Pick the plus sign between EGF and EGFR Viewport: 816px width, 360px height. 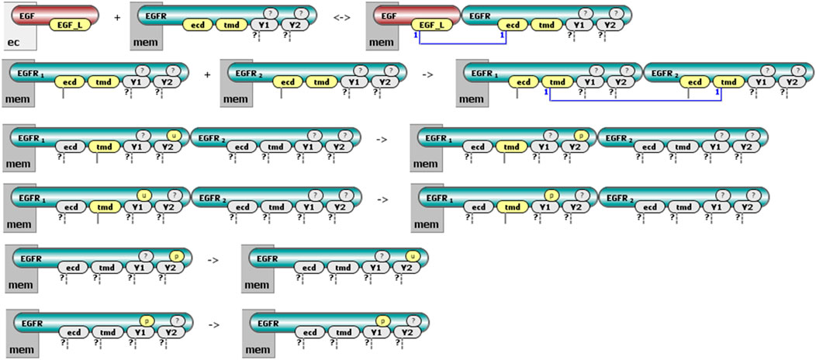click(x=117, y=17)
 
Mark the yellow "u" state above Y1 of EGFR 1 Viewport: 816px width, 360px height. click(x=143, y=193)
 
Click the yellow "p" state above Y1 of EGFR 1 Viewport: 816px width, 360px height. click(x=551, y=193)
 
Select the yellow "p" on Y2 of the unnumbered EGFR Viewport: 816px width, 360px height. click(x=175, y=254)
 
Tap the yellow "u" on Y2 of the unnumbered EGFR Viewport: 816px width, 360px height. click(x=413, y=254)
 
